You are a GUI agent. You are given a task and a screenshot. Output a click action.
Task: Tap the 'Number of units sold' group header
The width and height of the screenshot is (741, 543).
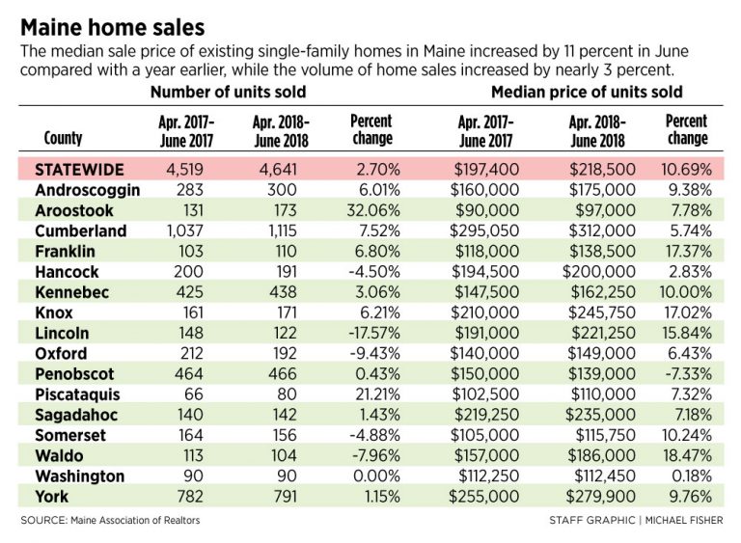228,93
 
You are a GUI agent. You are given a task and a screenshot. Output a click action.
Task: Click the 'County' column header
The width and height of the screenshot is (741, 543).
64,138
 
